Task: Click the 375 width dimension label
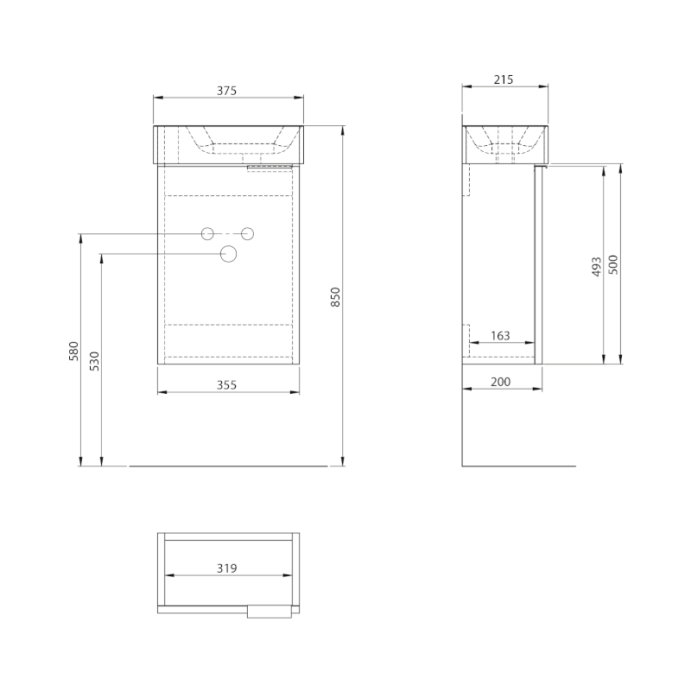click(x=226, y=91)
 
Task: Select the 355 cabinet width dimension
click(x=226, y=384)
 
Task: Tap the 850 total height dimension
click(x=335, y=296)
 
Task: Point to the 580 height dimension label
click(x=74, y=351)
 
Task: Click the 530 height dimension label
click(x=95, y=361)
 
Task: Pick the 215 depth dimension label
click(x=504, y=79)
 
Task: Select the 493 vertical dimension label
click(x=596, y=267)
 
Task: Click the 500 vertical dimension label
click(x=613, y=264)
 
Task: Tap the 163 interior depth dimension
click(x=500, y=336)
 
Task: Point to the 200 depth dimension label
click(x=501, y=382)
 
